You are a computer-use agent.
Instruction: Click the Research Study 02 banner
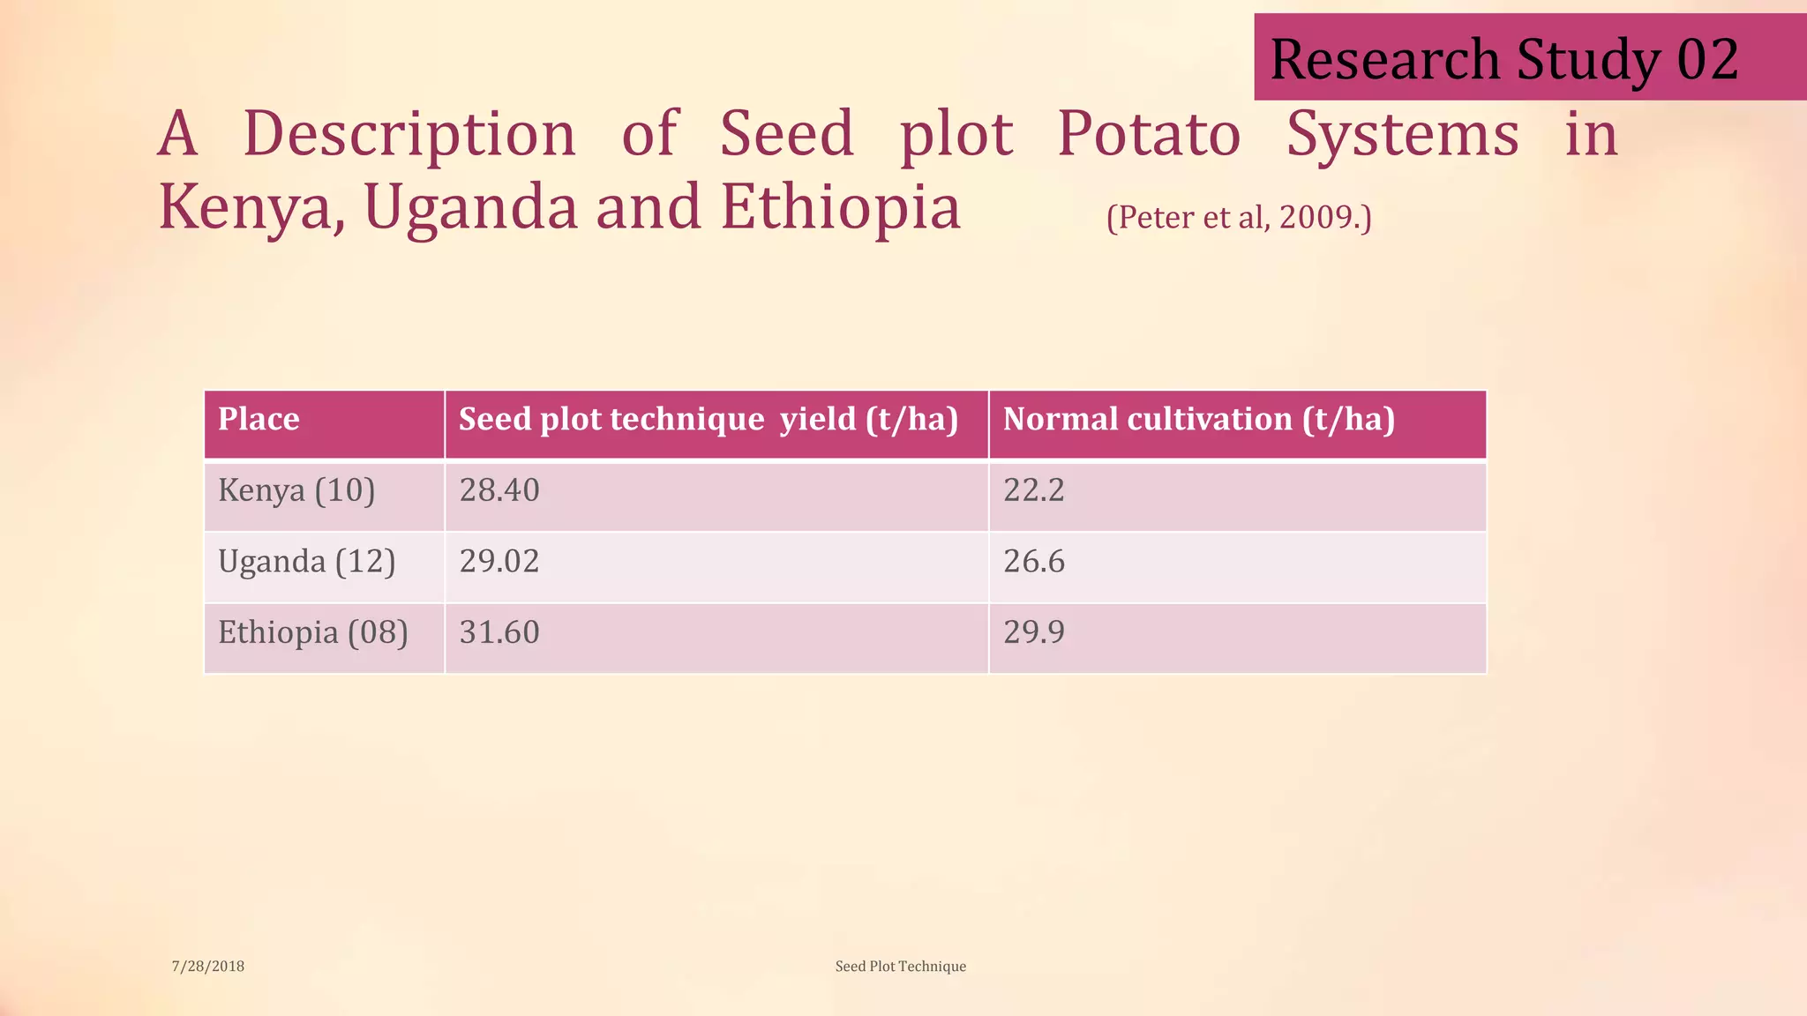point(1504,59)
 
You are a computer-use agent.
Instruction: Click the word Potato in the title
point(1149,135)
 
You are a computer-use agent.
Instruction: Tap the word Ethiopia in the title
point(840,208)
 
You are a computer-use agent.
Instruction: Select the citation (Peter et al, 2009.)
point(1239,217)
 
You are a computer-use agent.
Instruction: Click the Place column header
point(259,419)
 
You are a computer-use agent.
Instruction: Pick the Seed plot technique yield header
point(709,419)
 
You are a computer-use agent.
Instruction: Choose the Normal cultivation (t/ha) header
point(1198,419)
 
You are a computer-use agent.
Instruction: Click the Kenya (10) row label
point(296,490)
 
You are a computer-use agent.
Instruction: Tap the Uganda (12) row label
point(306,562)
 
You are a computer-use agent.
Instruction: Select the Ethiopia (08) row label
point(313,633)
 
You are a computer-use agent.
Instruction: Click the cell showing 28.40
point(499,490)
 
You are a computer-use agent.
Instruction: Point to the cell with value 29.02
point(499,562)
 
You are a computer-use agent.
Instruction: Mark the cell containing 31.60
point(499,633)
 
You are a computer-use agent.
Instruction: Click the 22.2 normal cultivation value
point(1034,490)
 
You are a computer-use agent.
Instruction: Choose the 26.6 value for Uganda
point(1034,562)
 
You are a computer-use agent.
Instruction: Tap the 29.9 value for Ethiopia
point(1034,633)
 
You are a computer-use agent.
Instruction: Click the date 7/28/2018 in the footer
point(208,967)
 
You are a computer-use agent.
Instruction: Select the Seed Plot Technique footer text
point(900,967)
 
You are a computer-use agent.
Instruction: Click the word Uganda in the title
point(470,208)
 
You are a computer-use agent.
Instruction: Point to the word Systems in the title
point(1402,135)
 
